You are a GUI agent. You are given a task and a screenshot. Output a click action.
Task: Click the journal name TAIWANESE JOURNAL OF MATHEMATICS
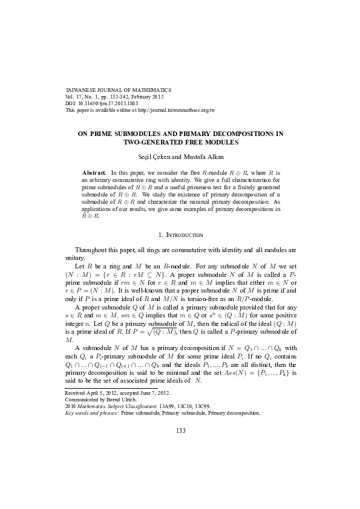tap(118, 89)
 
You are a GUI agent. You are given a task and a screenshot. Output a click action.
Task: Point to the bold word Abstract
tap(93, 172)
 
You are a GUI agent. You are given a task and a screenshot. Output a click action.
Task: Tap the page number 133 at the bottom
tap(180, 447)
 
